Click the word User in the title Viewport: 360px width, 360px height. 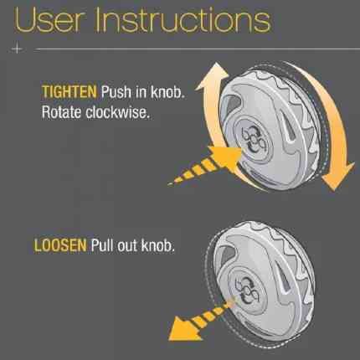tap(49, 19)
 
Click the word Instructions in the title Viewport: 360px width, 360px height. tap(183, 19)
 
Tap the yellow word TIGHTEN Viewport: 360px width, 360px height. tap(69, 91)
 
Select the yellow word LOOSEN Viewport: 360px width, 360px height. tap(60, 245)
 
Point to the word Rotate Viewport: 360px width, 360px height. tap(61, 112)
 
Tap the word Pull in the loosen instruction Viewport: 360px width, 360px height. tap(102, 245)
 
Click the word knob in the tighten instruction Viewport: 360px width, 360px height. tap(168, 91)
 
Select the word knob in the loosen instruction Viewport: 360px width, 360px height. tap(158, 245)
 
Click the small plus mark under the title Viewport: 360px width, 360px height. tap(18, 49)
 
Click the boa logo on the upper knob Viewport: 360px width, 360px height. tap(253, 141)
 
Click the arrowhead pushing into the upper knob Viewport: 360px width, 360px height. tap(224, 158)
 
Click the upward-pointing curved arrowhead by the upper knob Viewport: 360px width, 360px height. tap(213, 76)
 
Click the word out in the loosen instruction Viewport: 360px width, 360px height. tap(127, 246)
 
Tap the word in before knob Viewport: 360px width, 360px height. tap(141, 91)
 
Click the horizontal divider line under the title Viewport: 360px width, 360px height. tap(197, 49)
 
